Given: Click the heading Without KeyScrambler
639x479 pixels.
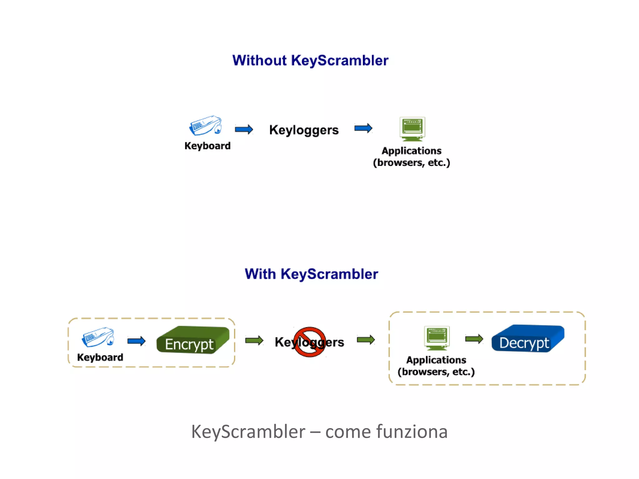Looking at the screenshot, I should click(x=310, y=60).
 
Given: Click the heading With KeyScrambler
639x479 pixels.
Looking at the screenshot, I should click(x=311, y=274).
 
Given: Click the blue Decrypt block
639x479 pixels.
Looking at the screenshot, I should click(x=527, y=339).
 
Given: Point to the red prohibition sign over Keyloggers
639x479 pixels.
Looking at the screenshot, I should click(x=309, y=342).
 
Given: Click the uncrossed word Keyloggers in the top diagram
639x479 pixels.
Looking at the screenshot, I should click(x=304, y=130).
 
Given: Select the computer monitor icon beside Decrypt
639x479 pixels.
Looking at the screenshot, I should click(x=437, y=338).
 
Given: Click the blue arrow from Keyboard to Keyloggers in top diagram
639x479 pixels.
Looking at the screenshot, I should click(x=244, y=129).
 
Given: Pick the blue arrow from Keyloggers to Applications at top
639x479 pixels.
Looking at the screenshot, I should click(x=363, y=128).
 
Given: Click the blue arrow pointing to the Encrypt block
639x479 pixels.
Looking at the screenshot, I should click(x=136, y=341).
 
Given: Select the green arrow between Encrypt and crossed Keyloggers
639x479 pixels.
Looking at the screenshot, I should click(x=254, y=340).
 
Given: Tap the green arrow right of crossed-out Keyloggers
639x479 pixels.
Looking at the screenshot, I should click(x=365, y=340).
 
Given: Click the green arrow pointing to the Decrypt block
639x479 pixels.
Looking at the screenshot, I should click(x=474, y=339).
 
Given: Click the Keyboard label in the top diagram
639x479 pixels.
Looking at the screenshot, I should click(x=207, y=146).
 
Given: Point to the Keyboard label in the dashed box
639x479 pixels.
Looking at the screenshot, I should click(x=100, y=357).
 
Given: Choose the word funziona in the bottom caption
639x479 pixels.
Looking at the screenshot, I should click(x=412, y=432).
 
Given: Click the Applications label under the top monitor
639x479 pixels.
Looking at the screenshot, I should click(x=411, y=151).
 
